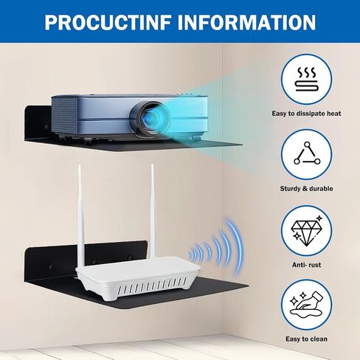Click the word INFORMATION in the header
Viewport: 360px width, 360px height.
point(246,22)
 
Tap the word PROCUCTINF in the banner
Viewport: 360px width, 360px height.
point(108,22)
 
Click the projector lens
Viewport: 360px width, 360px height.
point(150,120)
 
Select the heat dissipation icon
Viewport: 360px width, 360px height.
point(306,80)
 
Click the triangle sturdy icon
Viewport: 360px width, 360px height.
point(307,153)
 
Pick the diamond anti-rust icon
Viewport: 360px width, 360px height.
point(306,230)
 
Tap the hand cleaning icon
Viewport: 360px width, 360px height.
point(306,305)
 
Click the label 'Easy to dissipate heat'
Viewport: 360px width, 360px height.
point(306,114)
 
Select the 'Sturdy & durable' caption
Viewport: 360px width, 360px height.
point(306,189)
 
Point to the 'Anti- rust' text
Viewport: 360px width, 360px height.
point(306,265)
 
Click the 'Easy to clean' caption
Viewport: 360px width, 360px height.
point(306,339)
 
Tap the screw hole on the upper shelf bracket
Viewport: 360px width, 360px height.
point(46,127)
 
